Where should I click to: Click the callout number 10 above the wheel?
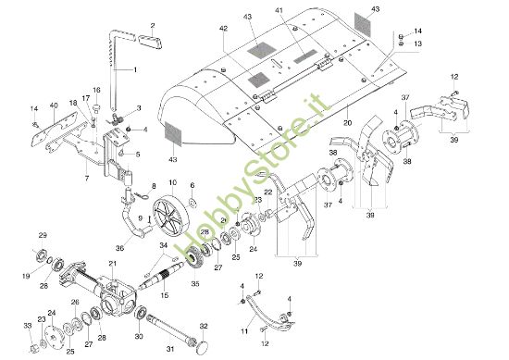[x=172, y=183]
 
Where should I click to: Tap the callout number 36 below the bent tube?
[x=119, y=247]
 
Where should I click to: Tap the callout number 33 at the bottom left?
[x=29, y=326]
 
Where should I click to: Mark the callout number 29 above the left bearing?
[x=42, y=236]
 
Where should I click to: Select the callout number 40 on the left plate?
[x=54, y=105]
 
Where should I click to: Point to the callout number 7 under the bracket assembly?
[x=87, y=176]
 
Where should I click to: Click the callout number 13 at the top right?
[x=417, y=43]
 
